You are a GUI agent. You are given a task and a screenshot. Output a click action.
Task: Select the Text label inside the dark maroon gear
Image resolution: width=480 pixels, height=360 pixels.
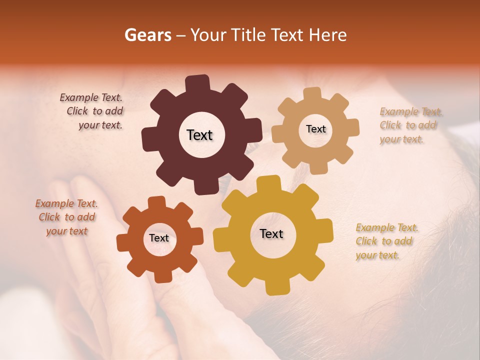(199, 135)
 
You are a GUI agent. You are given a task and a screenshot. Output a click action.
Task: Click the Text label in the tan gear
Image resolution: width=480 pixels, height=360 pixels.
(315, 129)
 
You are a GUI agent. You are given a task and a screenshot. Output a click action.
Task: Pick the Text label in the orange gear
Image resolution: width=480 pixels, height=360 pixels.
(159, 238)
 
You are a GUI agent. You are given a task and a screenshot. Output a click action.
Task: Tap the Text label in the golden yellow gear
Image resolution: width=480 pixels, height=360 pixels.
(271, 234)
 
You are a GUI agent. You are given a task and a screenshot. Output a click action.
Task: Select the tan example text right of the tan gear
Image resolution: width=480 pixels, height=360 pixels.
(410, 125)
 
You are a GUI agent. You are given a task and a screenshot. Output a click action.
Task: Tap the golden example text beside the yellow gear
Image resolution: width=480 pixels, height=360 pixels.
(386, 241)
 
